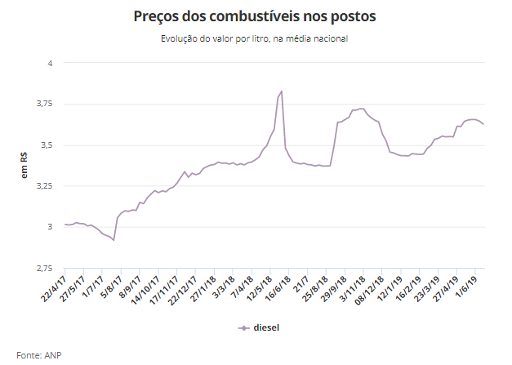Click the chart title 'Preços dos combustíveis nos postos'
[256, 16]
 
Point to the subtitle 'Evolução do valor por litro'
[256, 38]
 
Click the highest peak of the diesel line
[282, 91]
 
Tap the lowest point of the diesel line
[114, 240]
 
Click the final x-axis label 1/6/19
[474, 283]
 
